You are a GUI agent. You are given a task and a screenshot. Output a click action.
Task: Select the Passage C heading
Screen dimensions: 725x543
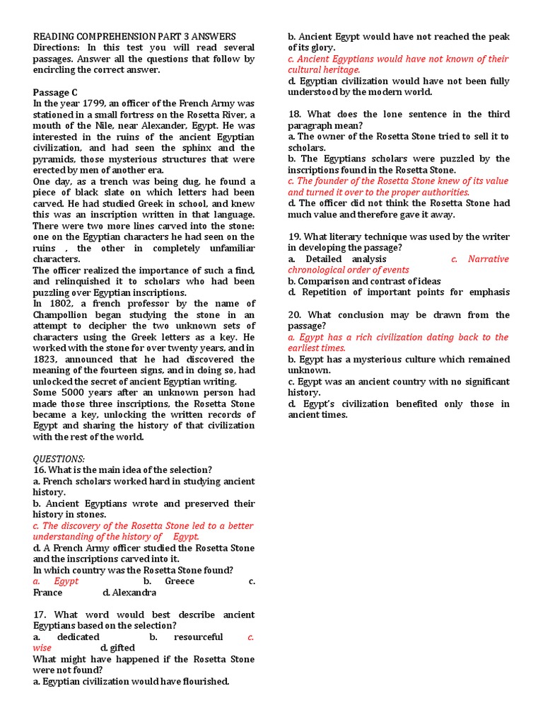[55, 92]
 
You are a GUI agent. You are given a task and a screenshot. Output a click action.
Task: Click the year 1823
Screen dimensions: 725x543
[47, 360]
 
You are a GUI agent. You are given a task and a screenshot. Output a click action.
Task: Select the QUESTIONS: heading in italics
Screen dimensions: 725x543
[59, 459]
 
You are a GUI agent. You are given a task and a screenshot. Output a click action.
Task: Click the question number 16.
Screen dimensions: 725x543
[40, 470]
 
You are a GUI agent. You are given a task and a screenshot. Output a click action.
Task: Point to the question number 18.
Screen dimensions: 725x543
[295, 114]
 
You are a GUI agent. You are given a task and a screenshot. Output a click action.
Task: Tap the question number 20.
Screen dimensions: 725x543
[295, 315]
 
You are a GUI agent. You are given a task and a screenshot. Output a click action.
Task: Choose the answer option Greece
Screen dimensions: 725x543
[179, 581]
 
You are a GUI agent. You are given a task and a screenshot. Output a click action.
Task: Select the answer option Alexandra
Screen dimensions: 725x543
[129, 593]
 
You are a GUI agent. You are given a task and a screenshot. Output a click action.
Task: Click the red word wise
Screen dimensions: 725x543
[42, 648]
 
